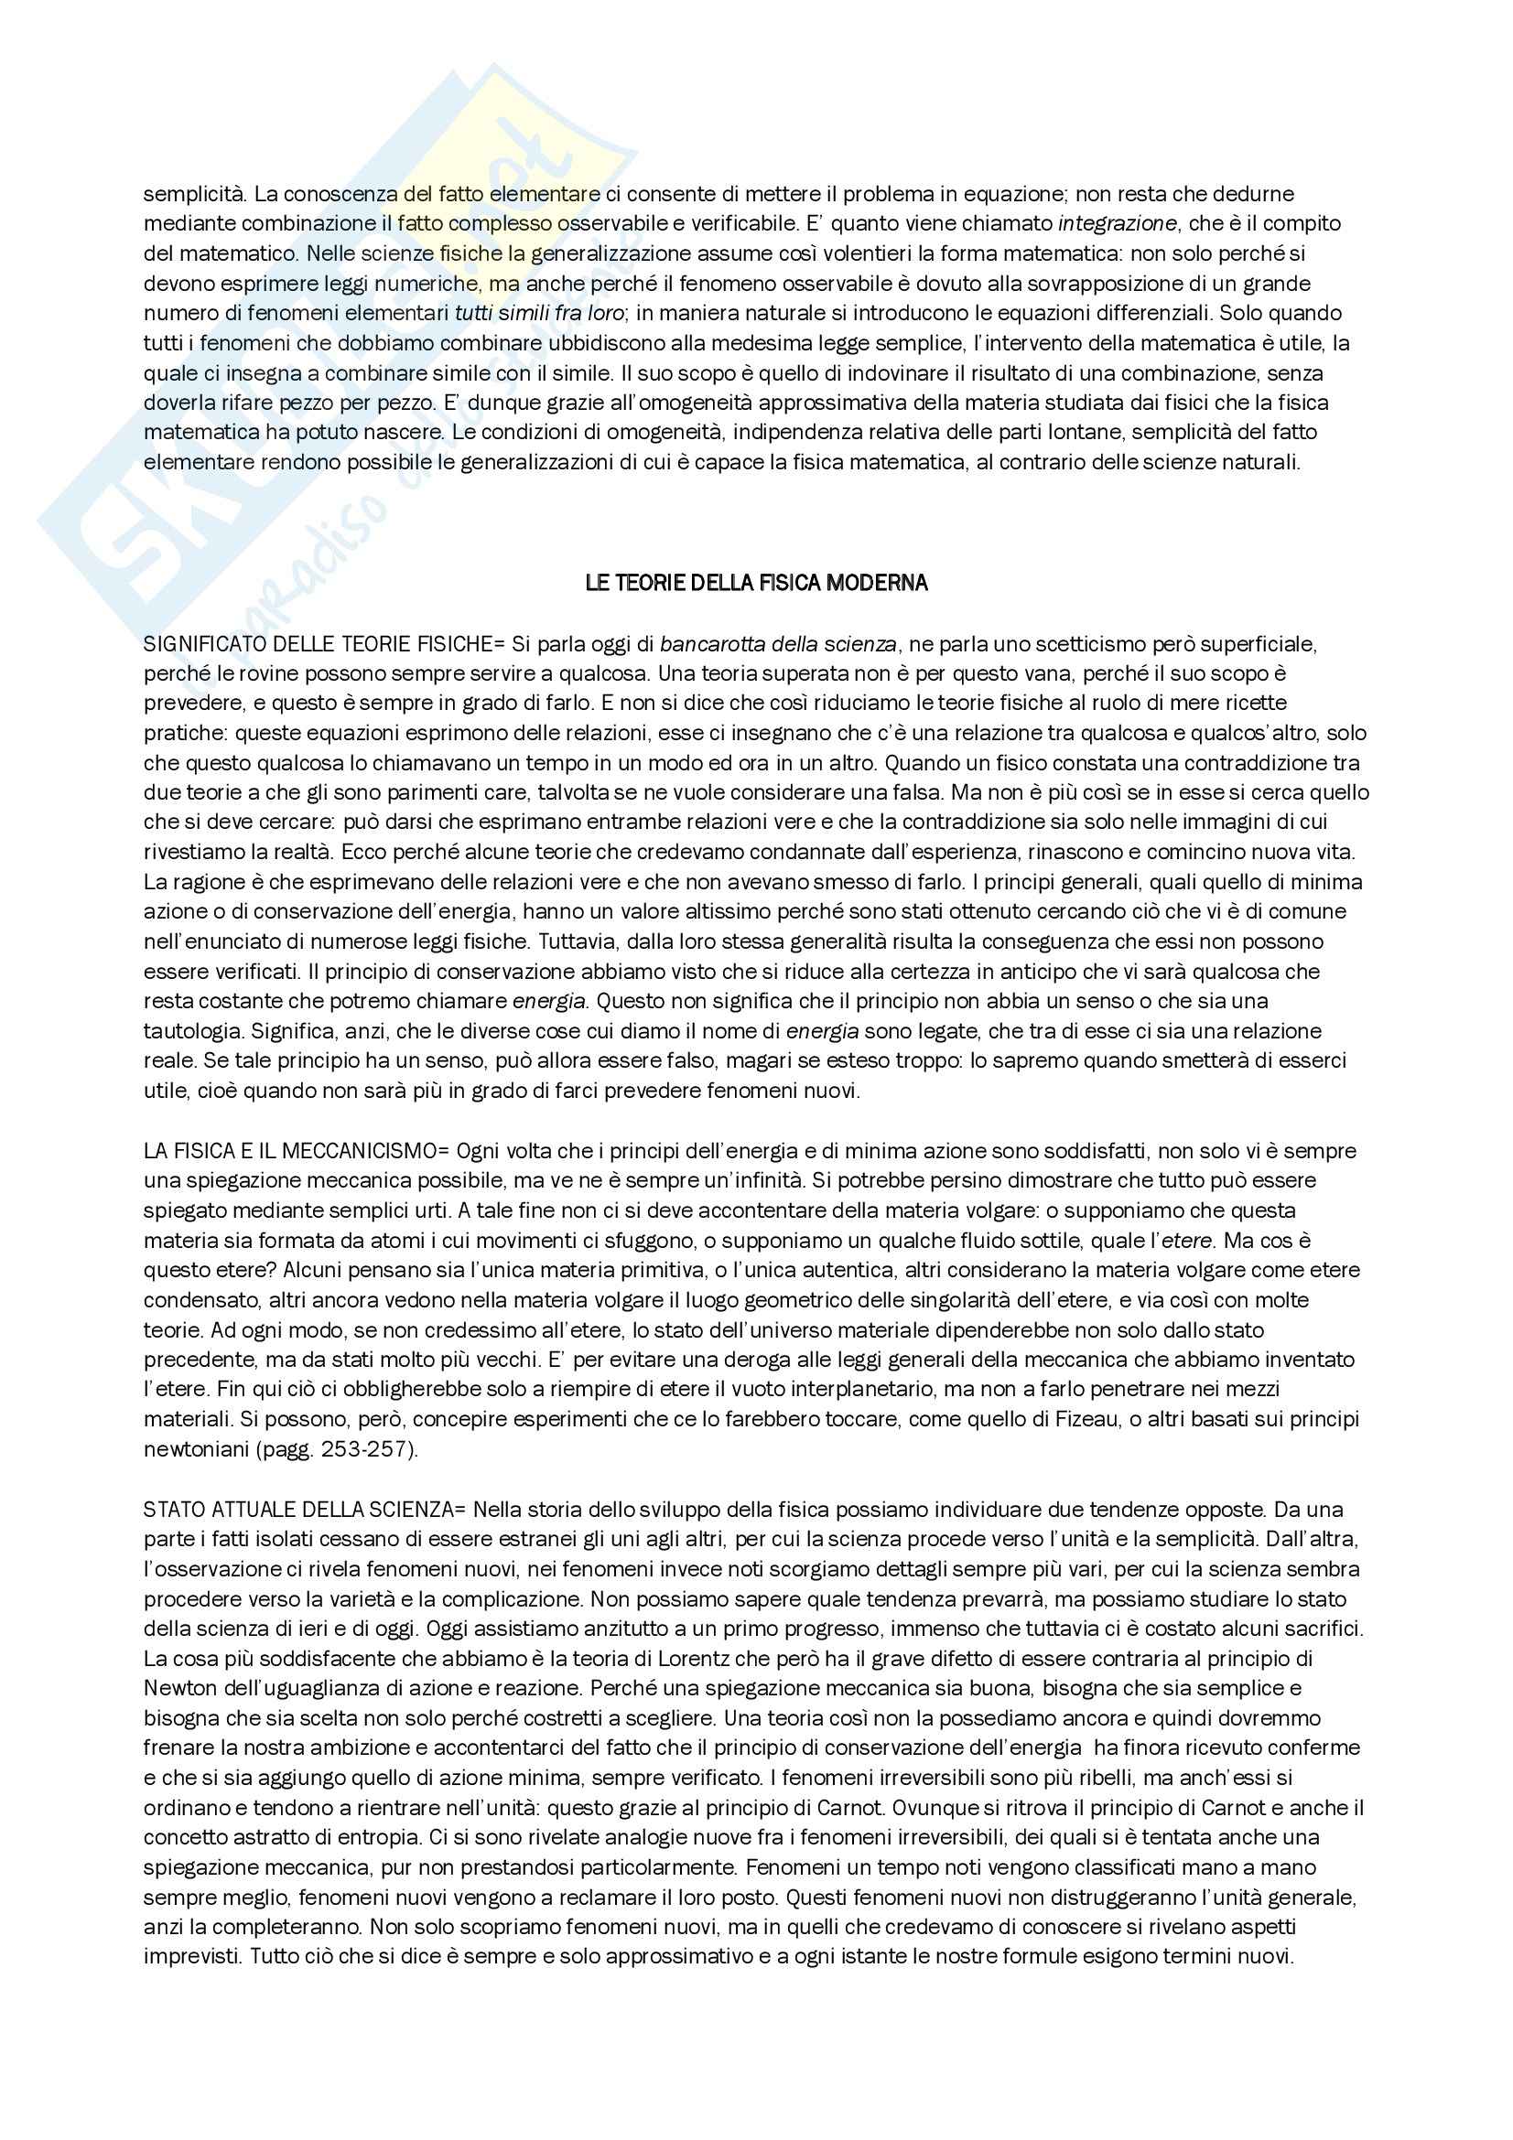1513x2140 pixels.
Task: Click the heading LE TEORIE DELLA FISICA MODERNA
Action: coord(756,584)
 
